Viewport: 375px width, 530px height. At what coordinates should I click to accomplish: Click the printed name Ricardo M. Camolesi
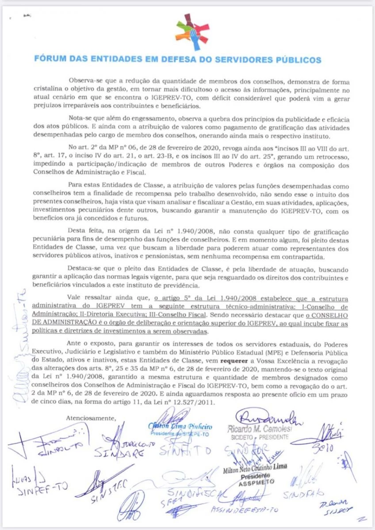tap(260, 429)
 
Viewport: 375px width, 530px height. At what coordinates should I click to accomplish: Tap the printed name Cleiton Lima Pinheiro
tap(180, 427)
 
